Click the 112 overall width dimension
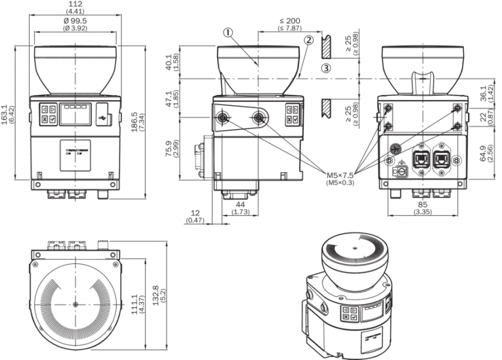click(75, 5)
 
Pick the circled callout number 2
click(308, 40)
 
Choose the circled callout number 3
click(325, 68)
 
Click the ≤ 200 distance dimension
click(289, 21)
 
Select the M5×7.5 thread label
click(340, 175)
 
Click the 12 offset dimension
click(196, 214)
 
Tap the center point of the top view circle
click(75, 305)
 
